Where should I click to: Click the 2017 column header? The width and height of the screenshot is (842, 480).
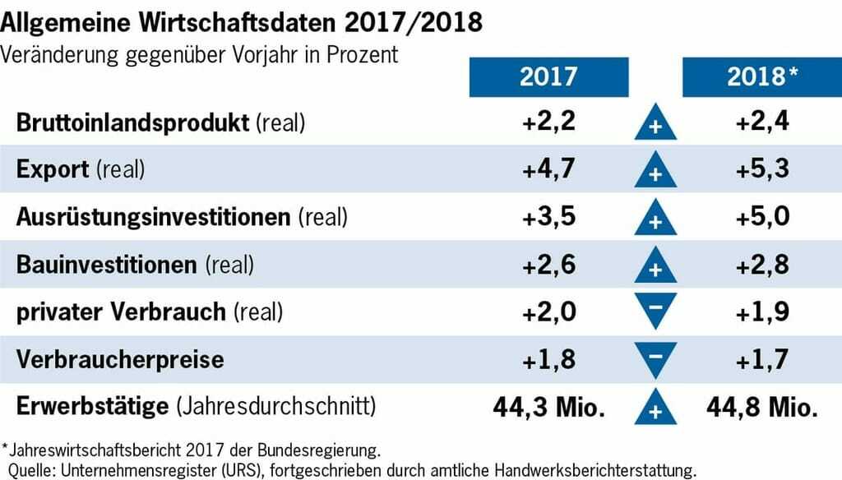tap(548, 77)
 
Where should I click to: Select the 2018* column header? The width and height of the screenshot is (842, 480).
tap(762, 77)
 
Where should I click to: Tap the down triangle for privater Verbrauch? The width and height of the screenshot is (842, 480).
tap(655, 311)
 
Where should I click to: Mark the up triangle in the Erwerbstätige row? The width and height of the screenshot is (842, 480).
tap(655, 408)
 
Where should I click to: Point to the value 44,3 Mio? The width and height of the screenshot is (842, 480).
tap(548, 406)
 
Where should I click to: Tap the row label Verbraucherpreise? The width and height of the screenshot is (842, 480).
tap(120, 359)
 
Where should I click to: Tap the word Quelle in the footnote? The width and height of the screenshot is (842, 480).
tap(30, 471)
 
